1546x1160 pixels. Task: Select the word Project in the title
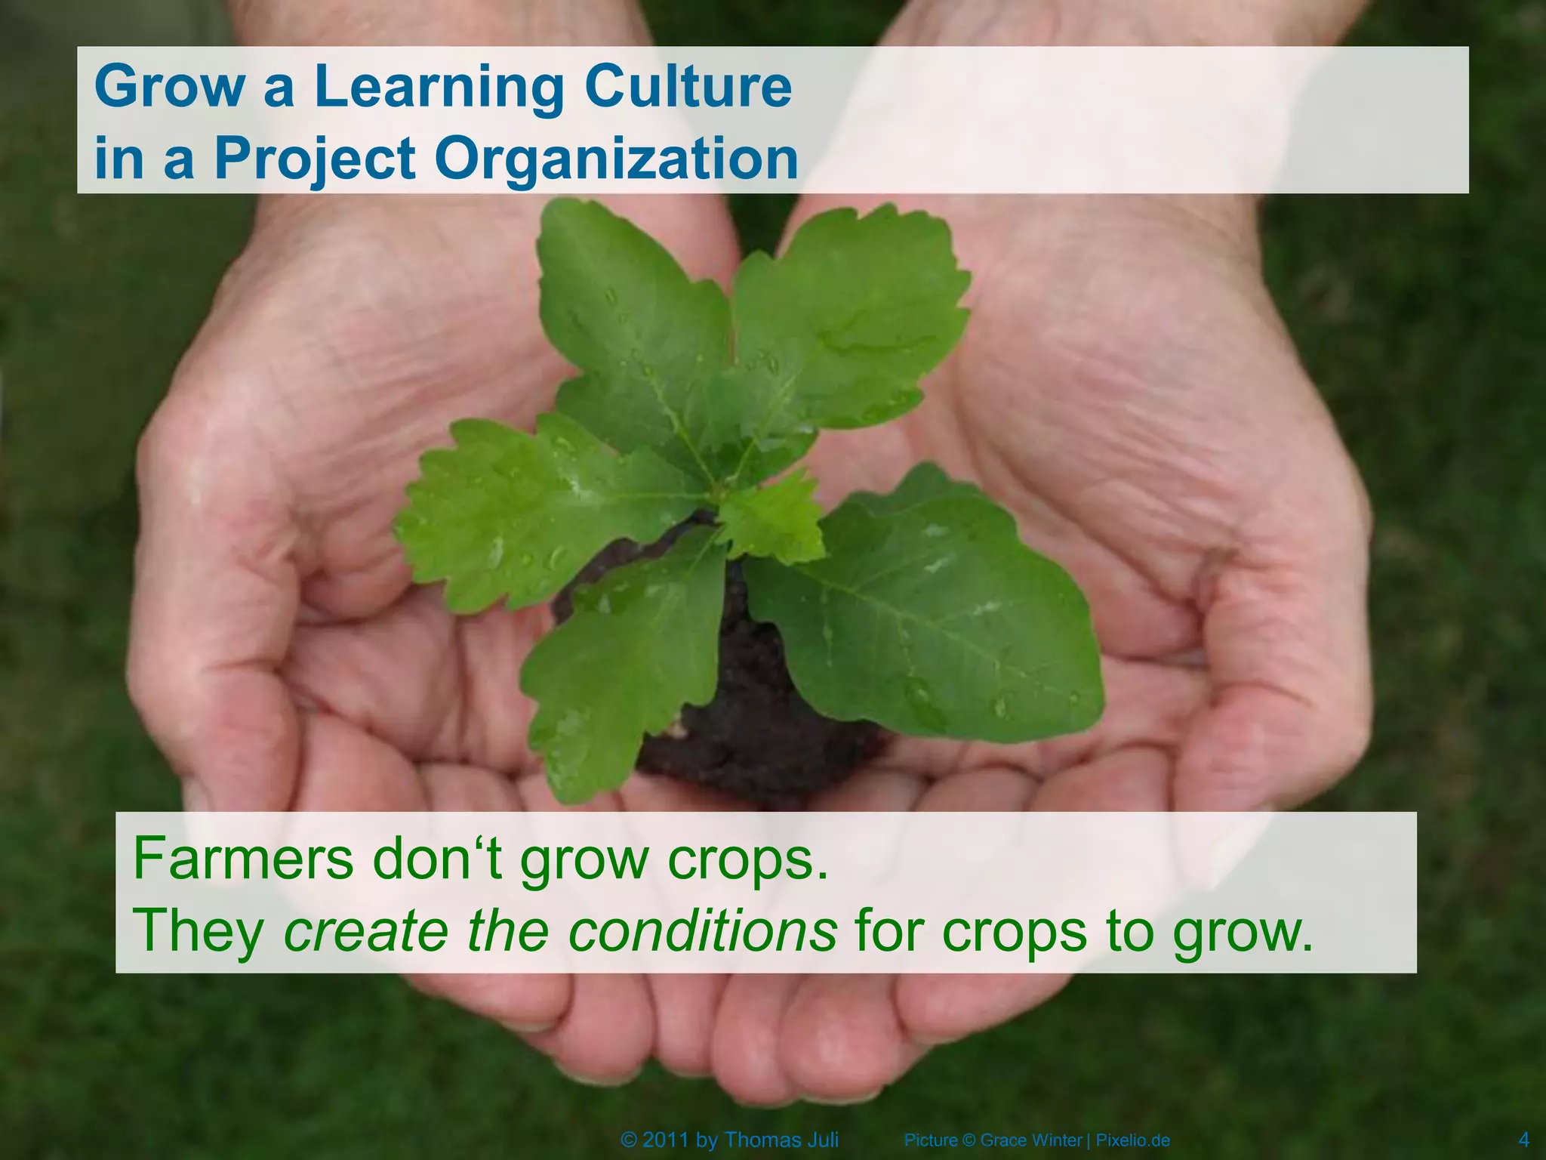click(x=314, y=160)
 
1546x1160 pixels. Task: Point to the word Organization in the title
click(x=616, y=160)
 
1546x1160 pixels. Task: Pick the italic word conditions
click(x=702, y=930)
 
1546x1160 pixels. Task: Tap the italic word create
click(x=365, y=930)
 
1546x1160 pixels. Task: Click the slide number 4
click(x=1523, y=1140)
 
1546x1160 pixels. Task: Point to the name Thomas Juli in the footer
click(x=781, y=1140)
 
